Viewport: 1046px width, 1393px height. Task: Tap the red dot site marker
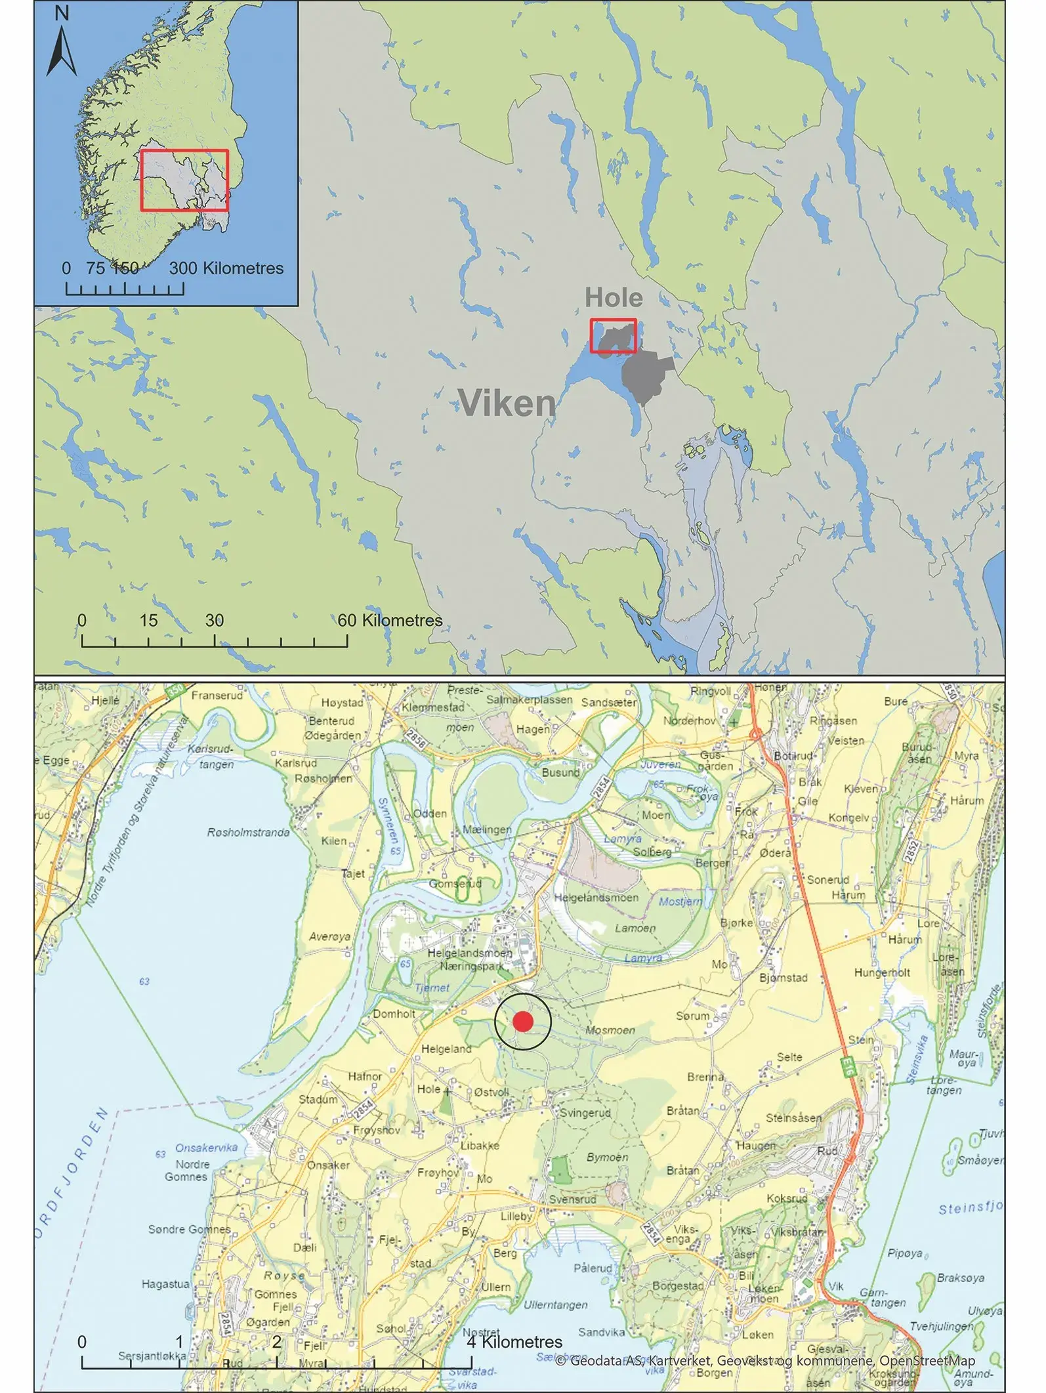pos(523,1022)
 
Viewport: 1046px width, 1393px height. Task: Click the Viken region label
pos(507,402)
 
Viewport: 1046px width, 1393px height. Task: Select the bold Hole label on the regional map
pos(614,297)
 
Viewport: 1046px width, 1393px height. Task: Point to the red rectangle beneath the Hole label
pos(613,336)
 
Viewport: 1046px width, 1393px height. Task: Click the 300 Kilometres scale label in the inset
pos(226,268)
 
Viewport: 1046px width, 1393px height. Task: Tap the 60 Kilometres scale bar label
pos(390,620)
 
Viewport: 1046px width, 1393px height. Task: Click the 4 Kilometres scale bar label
pos(514,1342)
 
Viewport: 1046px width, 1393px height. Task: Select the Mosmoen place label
pos(610,1030)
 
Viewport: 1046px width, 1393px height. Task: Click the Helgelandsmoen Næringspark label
pos(470,959)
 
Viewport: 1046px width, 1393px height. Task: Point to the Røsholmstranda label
pos(249,833)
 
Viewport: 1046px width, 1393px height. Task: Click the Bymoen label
pos(607,1157)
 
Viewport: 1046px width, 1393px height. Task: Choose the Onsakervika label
pos(206,1148)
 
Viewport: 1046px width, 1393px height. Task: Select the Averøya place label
pos(330,936)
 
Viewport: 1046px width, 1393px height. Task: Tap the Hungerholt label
pos(882,972)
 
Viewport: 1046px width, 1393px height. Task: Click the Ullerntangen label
pos(555,1305)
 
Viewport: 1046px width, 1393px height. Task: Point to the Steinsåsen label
pos(793,1118)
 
